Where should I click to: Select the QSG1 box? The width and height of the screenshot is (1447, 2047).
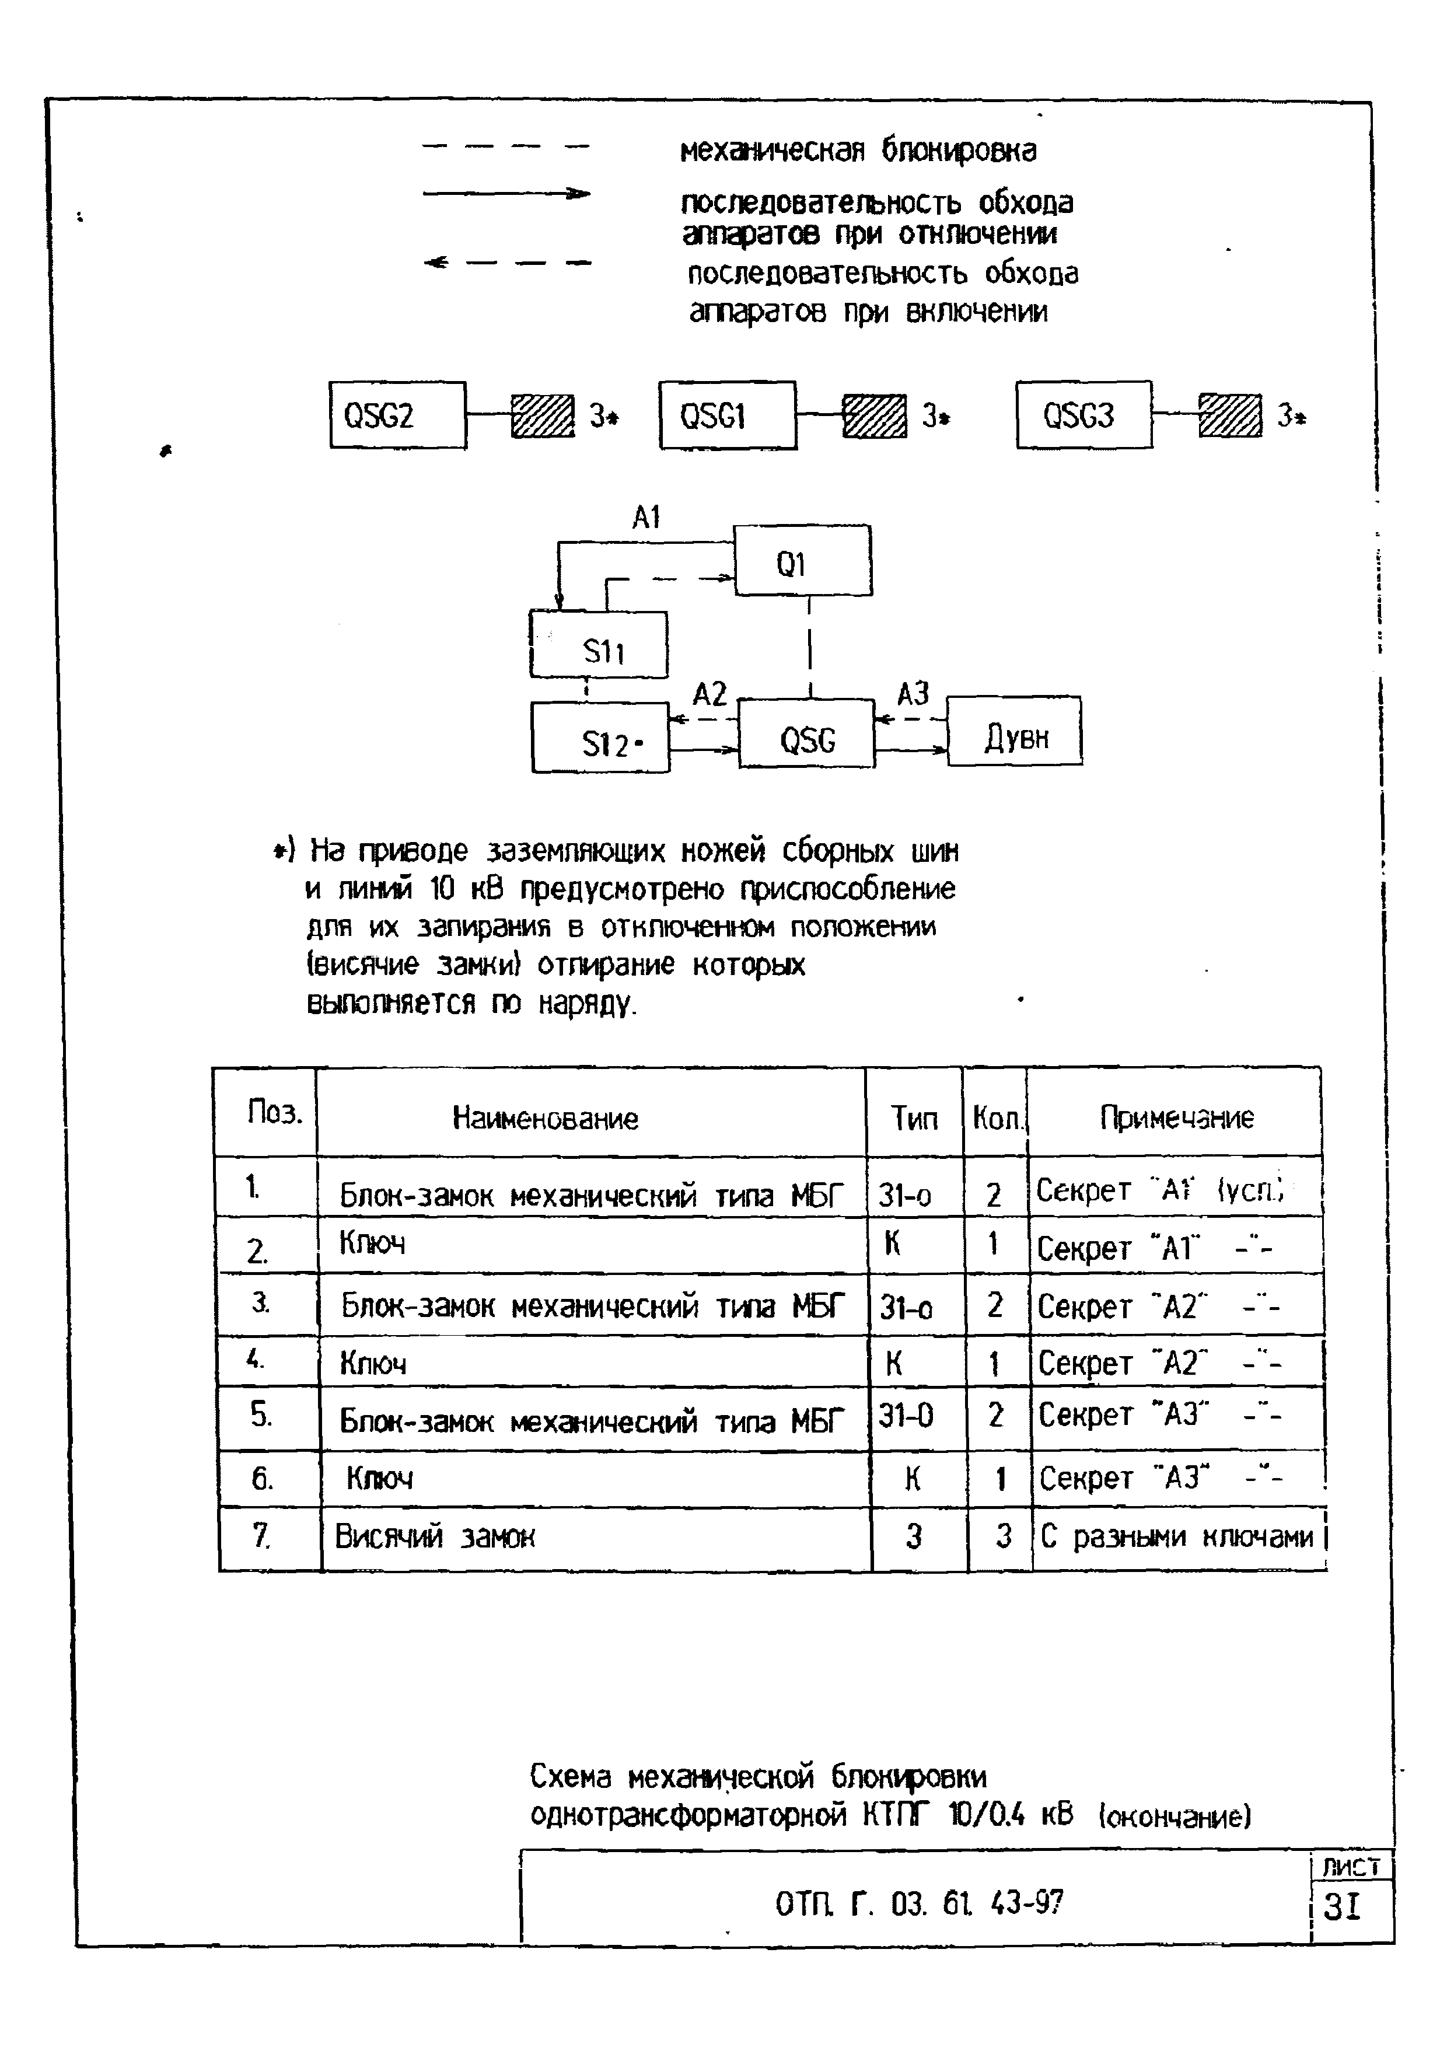728,415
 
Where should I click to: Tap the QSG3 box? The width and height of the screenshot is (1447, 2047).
1083,415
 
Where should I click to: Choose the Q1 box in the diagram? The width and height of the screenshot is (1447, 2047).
802,561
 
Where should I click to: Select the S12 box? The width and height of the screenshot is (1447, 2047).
599,738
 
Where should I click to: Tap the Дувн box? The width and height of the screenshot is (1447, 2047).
1015,732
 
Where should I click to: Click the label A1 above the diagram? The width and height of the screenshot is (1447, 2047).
645,517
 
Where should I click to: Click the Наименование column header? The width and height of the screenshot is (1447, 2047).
546,1118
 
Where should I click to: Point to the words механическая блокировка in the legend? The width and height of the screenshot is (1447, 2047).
858,151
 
